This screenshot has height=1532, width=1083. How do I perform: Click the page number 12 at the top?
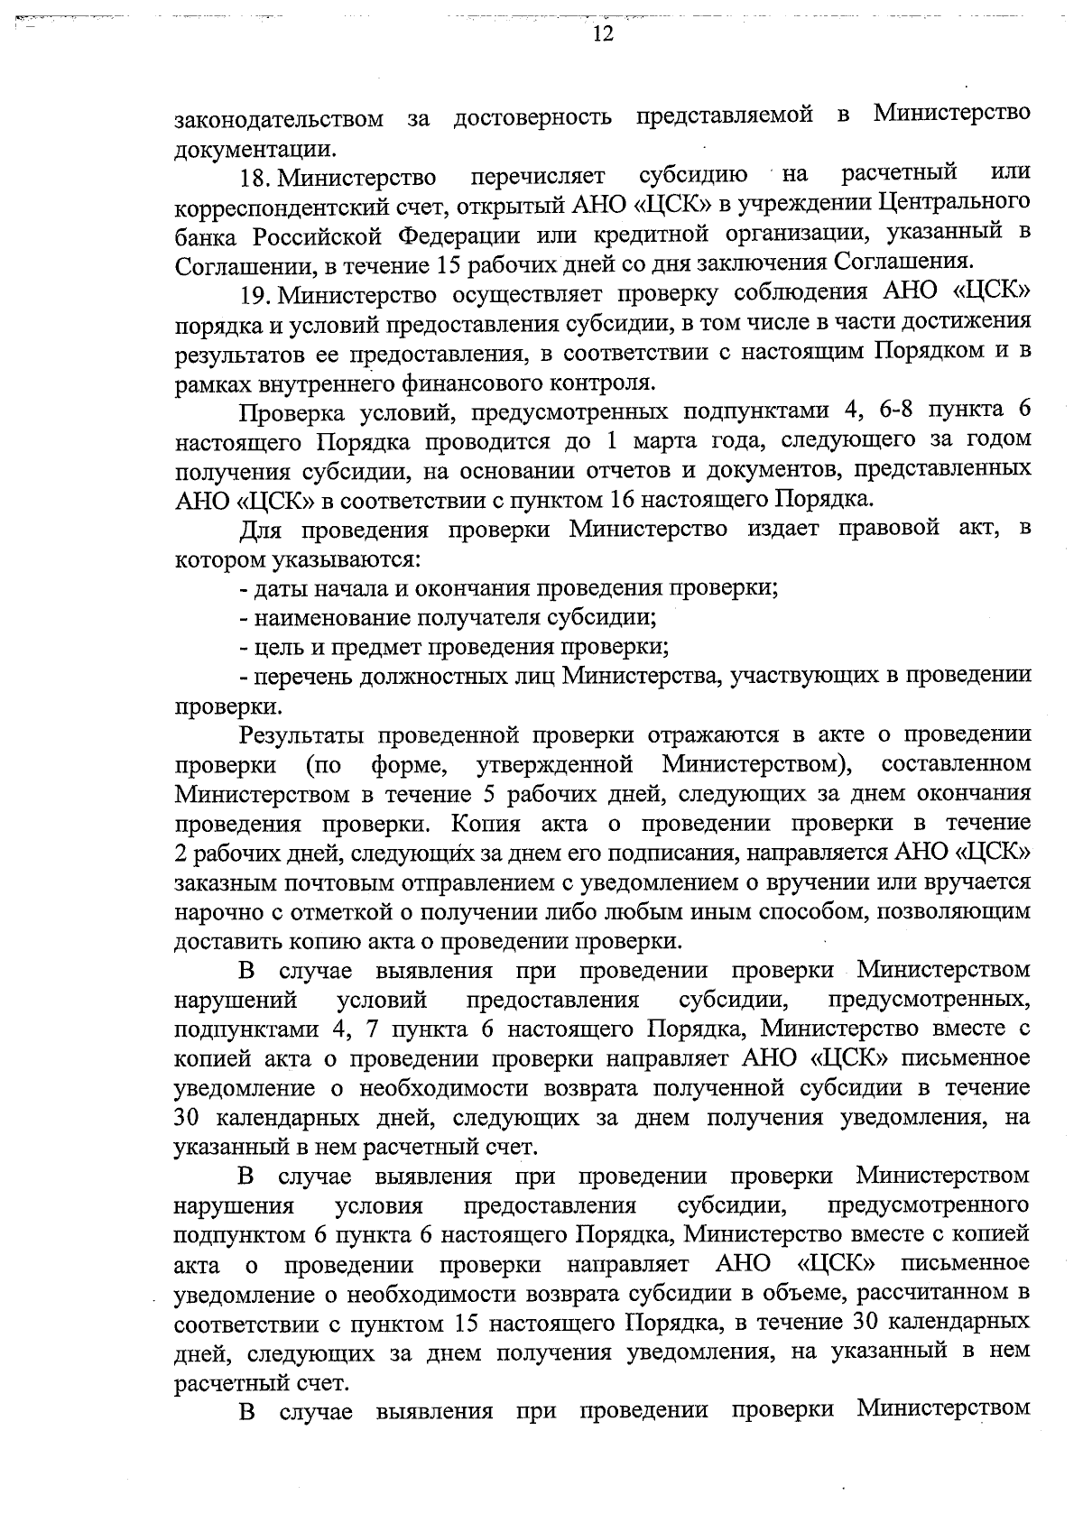point(603,35)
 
